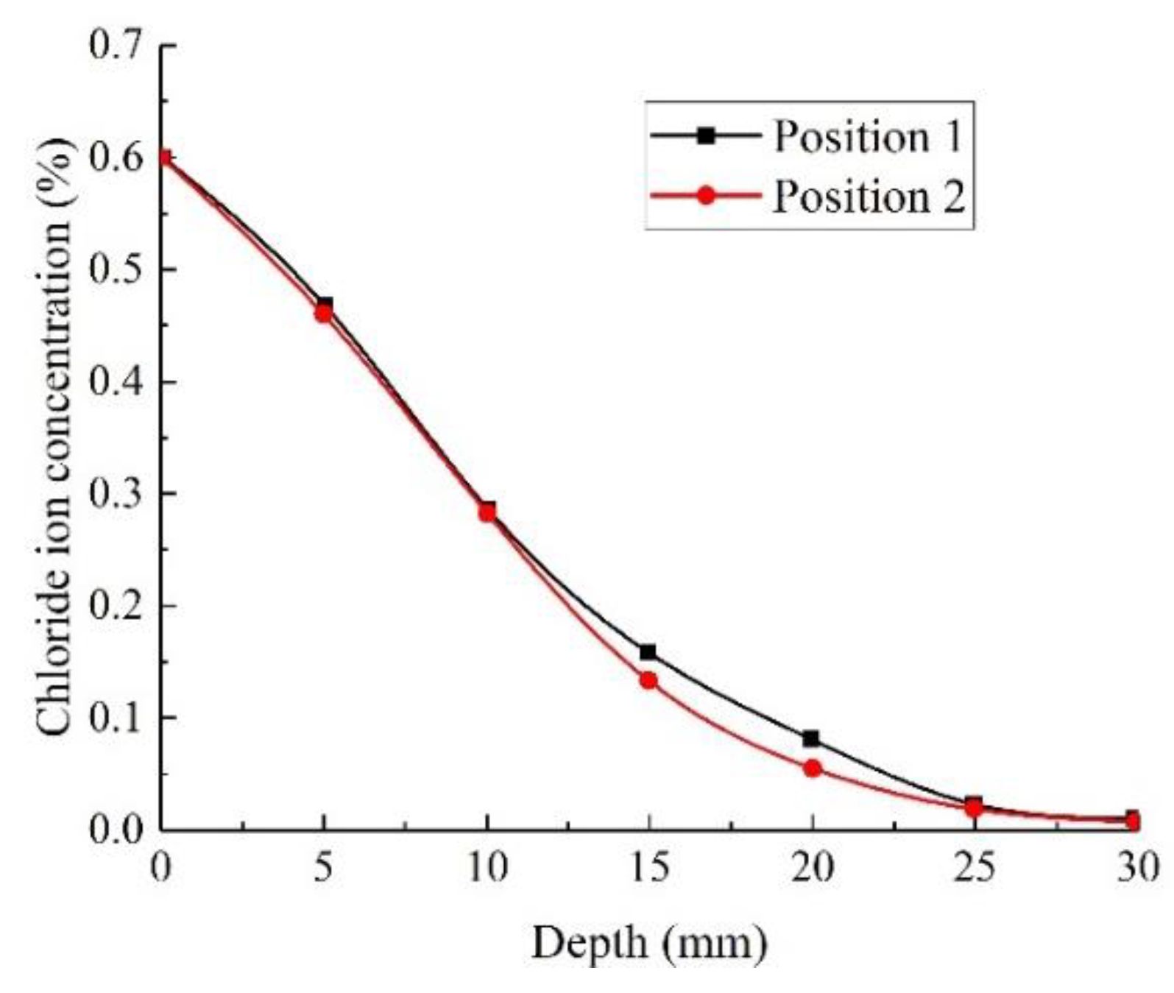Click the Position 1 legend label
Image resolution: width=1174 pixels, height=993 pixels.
pyautogui.click(x=867, y=137)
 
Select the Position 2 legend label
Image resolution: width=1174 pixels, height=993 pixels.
pyautogui.click(x=868, y=197)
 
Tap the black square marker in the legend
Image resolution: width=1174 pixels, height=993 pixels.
pyautogui.click(x=706, y=135)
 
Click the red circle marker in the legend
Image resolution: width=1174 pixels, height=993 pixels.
pyautogui.click(x=706, y=196)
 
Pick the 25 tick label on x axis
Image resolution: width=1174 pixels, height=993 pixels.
pyautogui.click(x=975, y=869)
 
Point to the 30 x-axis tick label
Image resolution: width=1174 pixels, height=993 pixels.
pyautogui.click(x=1137, y=869)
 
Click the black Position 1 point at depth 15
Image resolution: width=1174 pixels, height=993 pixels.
pyautogui.click(x=648, y=652)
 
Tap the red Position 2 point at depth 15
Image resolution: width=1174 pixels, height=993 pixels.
pyautogui.click(x=648, y=680)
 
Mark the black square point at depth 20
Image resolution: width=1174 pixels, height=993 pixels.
pyautogui.click(x=811, y=738)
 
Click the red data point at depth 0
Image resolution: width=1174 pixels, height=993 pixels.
pyautogui.click(x=163, y=158)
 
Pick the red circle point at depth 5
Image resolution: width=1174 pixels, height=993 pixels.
pyautogui.click(x=323, y=314)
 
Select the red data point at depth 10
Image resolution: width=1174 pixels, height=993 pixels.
pyautogui.click(x=487, y=513)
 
